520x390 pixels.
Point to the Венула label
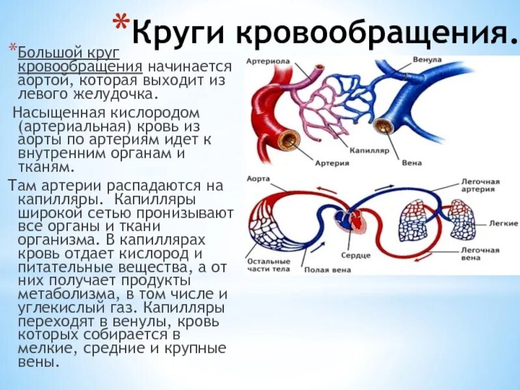tap(426, 60)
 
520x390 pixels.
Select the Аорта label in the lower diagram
tap(257, 177)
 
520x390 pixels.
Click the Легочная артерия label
tap(480, 186)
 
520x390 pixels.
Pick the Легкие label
tap(503, 223)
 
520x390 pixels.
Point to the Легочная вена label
tap(480, 254)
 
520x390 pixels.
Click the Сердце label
tap(355, 255)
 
